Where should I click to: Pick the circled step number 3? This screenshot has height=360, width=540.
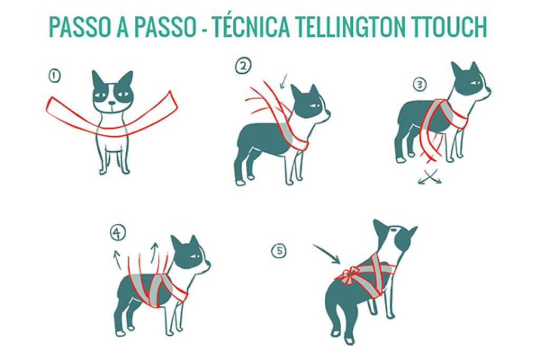tap(419, 84)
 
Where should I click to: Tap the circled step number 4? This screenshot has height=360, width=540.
tap(117, 232)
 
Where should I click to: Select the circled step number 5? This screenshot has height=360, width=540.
tap(279, 251)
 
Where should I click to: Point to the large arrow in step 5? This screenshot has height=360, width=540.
tap(327, 254)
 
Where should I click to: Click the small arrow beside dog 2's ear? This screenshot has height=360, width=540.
tap(285, 81)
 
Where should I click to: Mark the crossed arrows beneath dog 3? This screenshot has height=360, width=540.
tap(429, 178)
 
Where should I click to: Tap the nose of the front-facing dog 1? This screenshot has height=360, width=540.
tap(111, 104)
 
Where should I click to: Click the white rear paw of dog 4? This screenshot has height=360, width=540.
tap(121, 333)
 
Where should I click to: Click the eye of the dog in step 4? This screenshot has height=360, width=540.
tap(196, 257)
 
